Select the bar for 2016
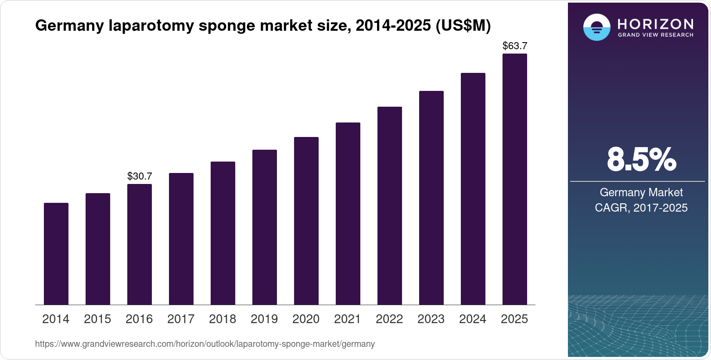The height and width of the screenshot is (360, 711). [140, 244]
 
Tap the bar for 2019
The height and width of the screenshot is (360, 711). [265, 227]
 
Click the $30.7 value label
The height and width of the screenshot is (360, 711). [140, 176]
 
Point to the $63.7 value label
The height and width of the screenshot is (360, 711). [515, 46]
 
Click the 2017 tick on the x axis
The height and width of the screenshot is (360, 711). [181, 319]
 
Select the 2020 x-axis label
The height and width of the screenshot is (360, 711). [306, 319]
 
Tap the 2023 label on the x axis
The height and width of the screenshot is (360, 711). [431, 319]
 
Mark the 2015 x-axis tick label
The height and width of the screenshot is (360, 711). [97, 319]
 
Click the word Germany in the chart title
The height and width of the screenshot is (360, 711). [69, 26]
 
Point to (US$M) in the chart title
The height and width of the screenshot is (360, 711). [463, 26]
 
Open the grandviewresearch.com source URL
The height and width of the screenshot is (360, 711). [205, 344]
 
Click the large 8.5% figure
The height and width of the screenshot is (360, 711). [641, 160]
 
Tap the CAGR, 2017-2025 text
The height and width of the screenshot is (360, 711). [641, 208]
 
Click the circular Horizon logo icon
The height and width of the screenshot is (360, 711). [596, 27]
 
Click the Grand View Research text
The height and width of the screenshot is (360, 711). [656, 35]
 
